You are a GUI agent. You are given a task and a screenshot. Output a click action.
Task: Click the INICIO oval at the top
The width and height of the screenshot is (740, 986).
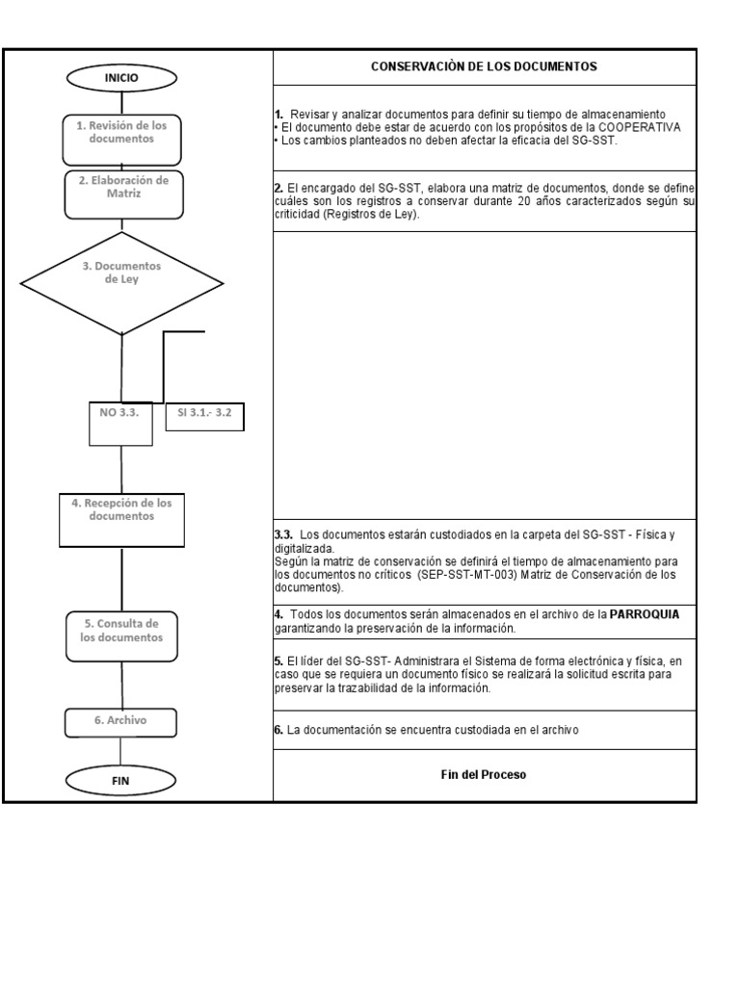[121, 77]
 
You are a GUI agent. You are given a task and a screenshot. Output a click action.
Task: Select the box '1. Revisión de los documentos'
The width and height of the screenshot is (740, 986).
[121, 132]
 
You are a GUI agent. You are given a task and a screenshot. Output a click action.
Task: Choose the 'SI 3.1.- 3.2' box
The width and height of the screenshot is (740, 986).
[205, 415]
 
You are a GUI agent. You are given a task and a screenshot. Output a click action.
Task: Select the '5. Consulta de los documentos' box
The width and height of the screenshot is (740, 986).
[121, 631]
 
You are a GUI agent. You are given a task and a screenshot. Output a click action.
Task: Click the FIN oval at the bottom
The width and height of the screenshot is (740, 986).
[121, 781]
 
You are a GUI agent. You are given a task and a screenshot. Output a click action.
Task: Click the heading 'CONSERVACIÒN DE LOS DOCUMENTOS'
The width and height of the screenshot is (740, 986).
[484, 67]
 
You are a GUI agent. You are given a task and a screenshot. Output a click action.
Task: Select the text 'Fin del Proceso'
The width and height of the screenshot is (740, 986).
[484, 775]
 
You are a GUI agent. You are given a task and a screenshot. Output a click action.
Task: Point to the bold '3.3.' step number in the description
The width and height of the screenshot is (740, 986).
[284, 533]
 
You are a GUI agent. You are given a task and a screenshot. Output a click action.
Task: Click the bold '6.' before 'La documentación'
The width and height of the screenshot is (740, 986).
[278, 730]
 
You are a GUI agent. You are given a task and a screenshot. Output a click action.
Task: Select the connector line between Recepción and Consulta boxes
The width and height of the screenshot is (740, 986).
[121, 578]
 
